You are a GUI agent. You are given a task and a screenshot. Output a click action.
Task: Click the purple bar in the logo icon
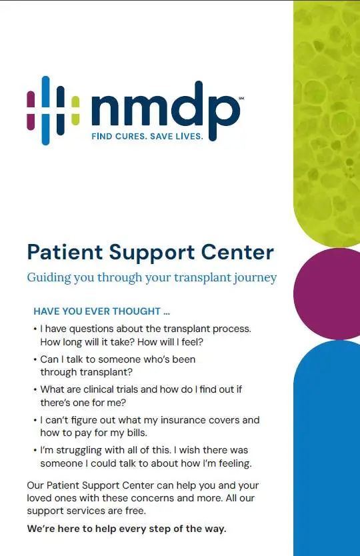pos(31,110)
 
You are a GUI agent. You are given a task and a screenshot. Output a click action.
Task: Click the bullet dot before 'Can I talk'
pos(35,359)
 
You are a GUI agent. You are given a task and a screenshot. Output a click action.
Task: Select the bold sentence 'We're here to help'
pos(127,529)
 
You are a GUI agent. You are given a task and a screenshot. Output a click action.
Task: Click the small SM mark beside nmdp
pos(241,97)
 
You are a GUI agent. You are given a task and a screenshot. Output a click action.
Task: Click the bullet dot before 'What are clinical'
pos(35,390)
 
